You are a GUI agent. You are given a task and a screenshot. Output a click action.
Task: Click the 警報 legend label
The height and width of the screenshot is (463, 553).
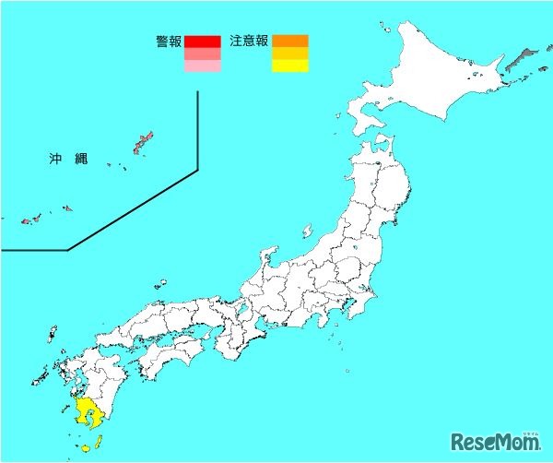(170, 42)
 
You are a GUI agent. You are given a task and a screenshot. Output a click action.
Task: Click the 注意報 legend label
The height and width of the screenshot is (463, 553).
(249, 42)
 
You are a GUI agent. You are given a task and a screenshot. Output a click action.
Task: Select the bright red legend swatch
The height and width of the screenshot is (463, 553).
(202, 42)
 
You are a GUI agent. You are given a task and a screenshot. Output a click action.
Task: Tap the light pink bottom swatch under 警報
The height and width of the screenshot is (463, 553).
(202, 65)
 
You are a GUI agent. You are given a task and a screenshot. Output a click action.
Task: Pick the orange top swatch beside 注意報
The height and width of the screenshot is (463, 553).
(289, 42)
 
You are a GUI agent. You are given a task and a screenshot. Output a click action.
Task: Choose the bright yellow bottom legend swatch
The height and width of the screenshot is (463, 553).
(289, 65)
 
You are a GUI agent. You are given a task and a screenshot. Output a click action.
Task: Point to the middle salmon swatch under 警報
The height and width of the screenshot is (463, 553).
(202, 53)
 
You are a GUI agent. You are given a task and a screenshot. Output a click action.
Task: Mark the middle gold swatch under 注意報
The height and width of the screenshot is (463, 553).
(289, 53)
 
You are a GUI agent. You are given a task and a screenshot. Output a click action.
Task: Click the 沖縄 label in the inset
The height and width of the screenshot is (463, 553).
(68, 160)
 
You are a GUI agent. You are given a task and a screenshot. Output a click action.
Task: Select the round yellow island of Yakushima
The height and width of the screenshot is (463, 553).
(85, 448)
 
